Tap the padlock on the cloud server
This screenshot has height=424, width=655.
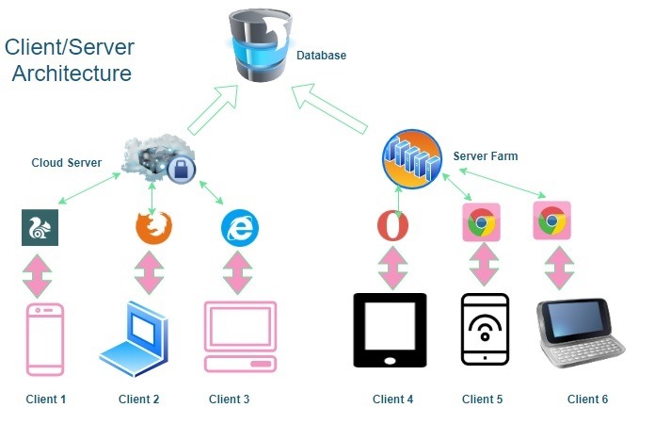182,170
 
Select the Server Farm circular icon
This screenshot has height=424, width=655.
411,158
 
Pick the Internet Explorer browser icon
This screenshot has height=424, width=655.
239,227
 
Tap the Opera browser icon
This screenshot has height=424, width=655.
392,226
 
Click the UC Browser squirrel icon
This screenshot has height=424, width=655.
40,227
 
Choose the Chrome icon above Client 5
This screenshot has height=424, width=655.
481,223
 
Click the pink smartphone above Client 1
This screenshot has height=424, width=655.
44,338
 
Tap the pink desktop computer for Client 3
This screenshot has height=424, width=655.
240,337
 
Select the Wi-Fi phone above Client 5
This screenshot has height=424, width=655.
485,330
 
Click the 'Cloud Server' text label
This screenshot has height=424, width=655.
66,162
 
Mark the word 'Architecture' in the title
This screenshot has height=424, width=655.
72,73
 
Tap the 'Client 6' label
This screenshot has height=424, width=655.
587,400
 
